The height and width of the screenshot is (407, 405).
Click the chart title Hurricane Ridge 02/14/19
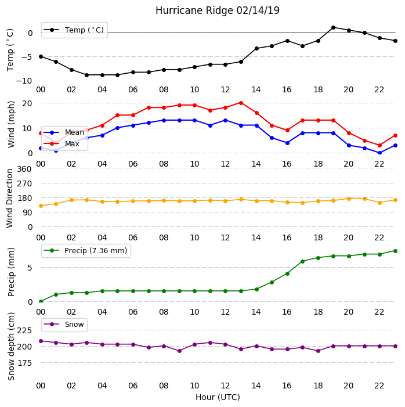click(218, 10)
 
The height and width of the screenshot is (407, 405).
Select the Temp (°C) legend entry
click(74, 30)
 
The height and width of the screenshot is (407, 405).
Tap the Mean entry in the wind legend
click(64, 132)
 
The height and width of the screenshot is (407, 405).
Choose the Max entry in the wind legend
click(62, 143)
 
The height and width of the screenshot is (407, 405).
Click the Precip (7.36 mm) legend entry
click(85, 251)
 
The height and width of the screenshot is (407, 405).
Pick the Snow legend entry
click(64, 325)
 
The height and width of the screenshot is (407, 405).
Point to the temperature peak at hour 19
click(334, 27)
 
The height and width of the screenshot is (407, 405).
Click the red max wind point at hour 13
click(241, 103)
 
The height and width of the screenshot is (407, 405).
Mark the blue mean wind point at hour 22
click(380, 153)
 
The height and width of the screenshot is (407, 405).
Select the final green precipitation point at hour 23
click(395, 251)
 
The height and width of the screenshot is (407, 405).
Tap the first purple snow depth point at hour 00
click(41, 341)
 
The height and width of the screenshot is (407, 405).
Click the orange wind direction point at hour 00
click(41, 206)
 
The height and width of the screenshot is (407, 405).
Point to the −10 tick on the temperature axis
click(24, 81)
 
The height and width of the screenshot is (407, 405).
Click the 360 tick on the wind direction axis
click(24, 169)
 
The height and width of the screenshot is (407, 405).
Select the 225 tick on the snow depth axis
click(24, 330)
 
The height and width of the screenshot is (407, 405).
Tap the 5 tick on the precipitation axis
click(30, 268)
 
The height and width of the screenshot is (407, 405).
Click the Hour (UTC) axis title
click(218, 397)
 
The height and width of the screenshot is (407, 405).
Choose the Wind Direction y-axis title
click(9, 199)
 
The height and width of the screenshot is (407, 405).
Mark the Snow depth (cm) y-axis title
click(11, 347)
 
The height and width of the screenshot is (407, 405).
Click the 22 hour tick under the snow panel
click(379, 386)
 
